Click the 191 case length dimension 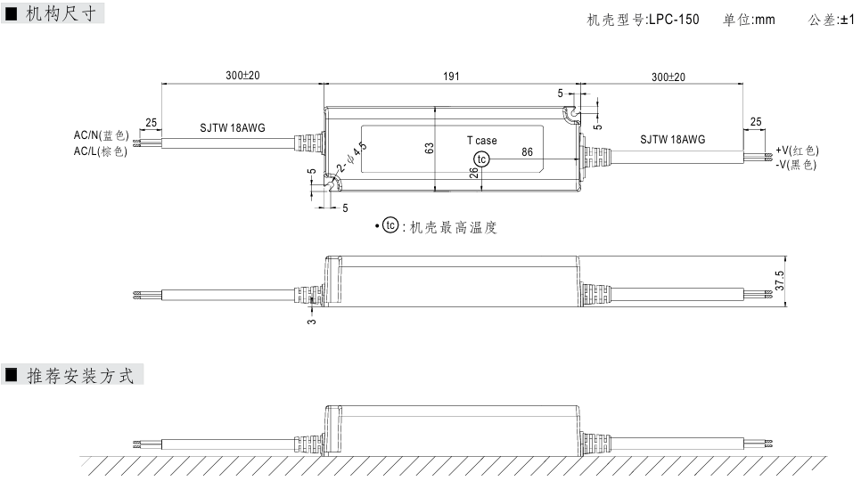click(451, 77)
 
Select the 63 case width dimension click(429, 149)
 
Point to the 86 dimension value click(527, 152)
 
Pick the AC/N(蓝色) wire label click(101, 135)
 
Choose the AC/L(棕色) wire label click(101, 151)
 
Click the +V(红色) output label click(797, 151)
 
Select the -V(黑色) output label click(796, 165)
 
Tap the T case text click(482, 141)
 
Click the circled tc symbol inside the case click(482, 159)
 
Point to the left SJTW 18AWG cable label click(232, 128)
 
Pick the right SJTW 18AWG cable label click(672, 139)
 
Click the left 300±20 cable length click(242, 77)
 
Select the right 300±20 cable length click(668, 77)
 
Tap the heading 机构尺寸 click(62, 13)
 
